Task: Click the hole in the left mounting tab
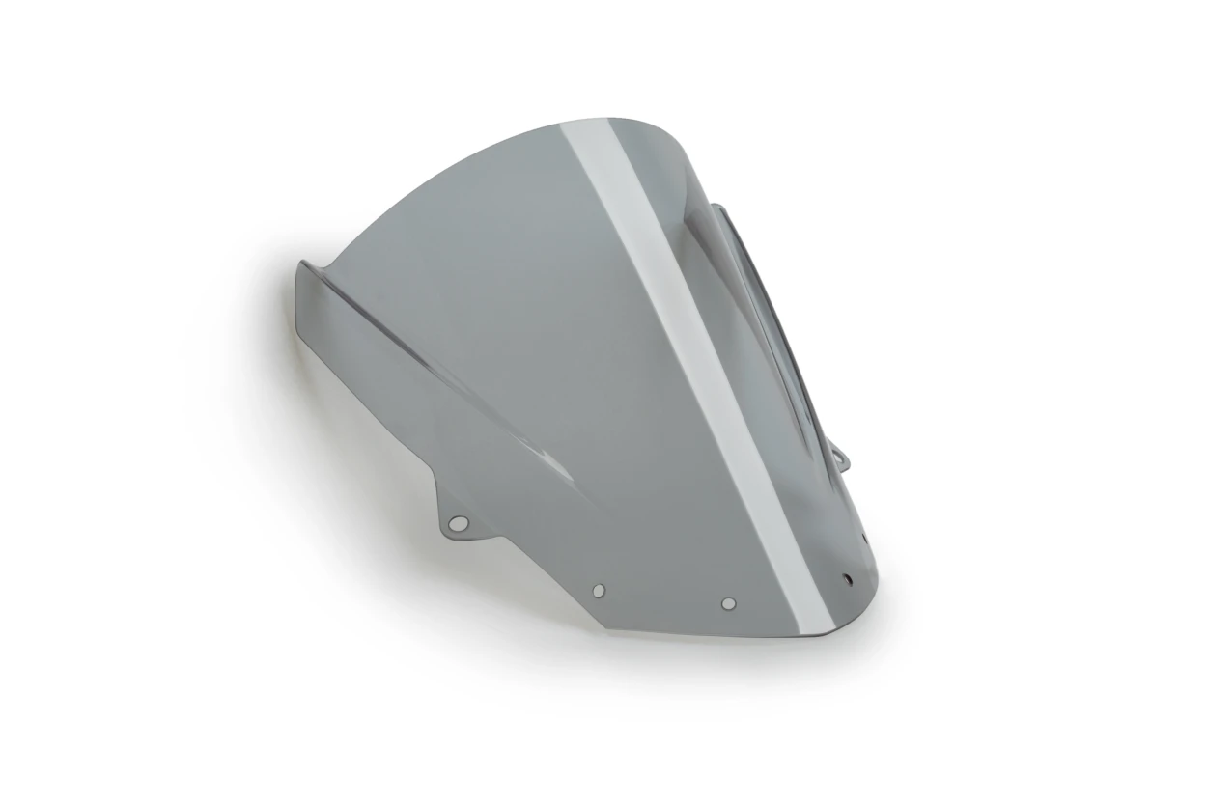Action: pyautogui.click(x=459, y=523)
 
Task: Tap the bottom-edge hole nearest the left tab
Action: pyautogui.click(x=599, y=590)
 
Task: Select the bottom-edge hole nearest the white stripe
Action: pyautogui.click(x=728, y=603)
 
